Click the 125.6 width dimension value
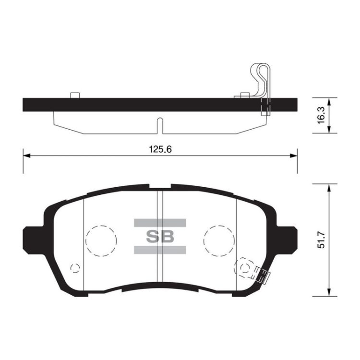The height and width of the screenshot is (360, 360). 160,149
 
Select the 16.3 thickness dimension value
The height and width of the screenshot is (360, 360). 321,115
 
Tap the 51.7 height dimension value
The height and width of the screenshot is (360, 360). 321,240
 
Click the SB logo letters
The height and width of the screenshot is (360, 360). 160,237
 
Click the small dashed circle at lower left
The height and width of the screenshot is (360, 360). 75,268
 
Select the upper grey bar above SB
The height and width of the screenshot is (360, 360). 160,223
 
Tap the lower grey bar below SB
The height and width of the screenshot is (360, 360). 160,250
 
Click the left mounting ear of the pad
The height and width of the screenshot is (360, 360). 33,240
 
